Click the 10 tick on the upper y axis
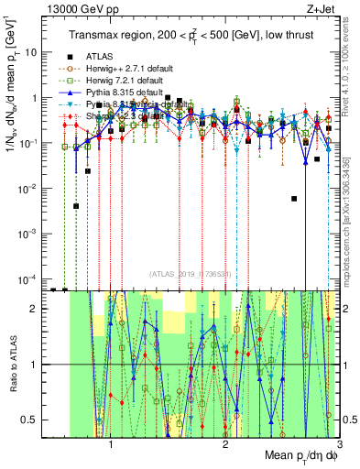(x=32, y=52)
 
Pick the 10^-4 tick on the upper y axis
(x=28, y=278)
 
